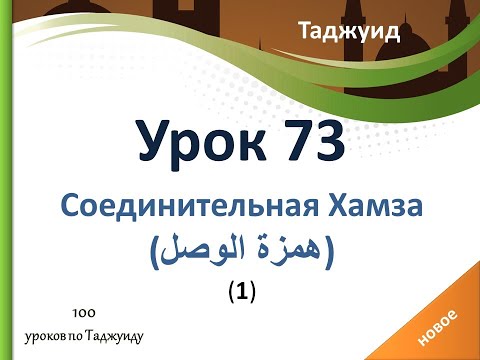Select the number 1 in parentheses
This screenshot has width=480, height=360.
tap(240, 292)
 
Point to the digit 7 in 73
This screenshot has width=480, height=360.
tap(289, 141)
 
